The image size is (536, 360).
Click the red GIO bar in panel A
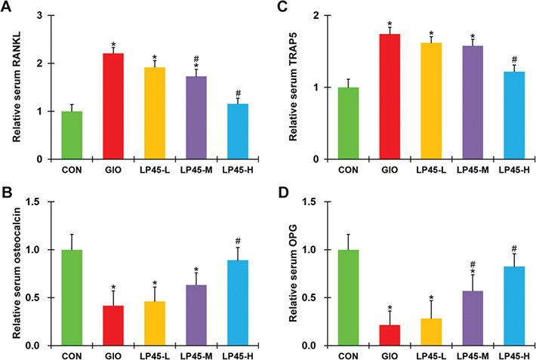(x=113, y=106)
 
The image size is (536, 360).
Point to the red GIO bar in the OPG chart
(x=390, y=335)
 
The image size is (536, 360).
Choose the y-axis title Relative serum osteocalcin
(x=14, y=272)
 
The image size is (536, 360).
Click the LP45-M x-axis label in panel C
(x=473, y=171)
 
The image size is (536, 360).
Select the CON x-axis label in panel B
(x=72, y=355)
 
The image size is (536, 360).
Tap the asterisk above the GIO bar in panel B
(x=113, y=287)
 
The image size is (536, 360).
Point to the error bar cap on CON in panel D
(x=348, y=234)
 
